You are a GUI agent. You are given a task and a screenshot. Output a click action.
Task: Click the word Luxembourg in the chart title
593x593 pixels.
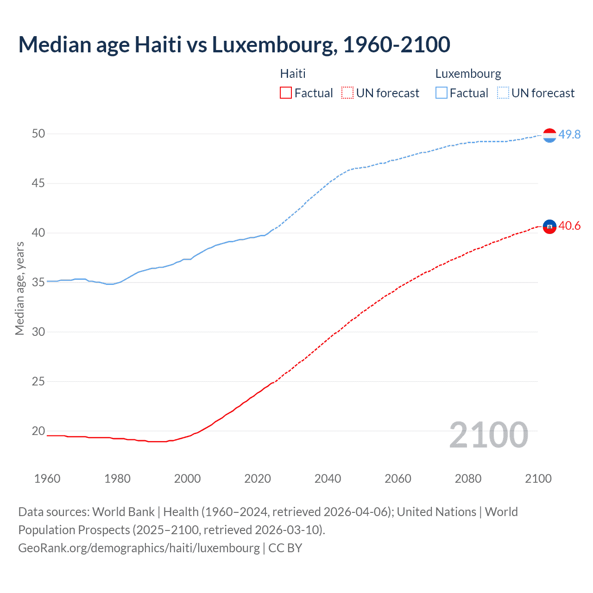pyautogui.click(x=271, y=45)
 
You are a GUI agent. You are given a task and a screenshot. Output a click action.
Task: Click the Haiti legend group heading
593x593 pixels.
pyautogui.click(x=293, y=74)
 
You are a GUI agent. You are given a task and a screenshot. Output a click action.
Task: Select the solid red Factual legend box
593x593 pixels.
pyautogui.click(x=286, y=93)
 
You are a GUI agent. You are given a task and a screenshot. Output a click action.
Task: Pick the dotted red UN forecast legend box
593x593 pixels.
pyautogui.click(x=347, y=93)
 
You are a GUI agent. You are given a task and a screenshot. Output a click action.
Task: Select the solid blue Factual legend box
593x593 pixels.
pyautogui.click(x=442, y=93)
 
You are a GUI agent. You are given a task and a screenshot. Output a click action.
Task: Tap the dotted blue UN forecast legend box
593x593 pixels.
pyautogui.click(x=503, y=93)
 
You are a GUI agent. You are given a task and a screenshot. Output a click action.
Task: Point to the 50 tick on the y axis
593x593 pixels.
pyautogui.click(x=38, y=134)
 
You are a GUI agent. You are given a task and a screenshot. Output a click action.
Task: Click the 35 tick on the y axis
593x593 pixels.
pyautogui.click(x=38, y=282)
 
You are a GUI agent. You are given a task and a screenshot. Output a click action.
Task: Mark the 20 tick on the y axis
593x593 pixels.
pyautogui.click(x=38, y=431)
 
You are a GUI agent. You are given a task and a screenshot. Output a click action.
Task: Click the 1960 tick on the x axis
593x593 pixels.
pyautogui.click(x=47, y=479)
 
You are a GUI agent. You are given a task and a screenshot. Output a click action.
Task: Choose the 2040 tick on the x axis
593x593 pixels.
pyautogui.click(x=328, y=479)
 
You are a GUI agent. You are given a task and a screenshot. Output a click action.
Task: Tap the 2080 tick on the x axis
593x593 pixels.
pyautogui.click(x=468, y=479)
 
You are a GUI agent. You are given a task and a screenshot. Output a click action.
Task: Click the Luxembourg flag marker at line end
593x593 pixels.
pyautogui.click(x=549, y=135)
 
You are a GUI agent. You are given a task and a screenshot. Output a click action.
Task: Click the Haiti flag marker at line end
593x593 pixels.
pyautogui.click(x=549, y=227)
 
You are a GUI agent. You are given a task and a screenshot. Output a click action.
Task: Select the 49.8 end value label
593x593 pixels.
pyautogui.click(x=569, y=134)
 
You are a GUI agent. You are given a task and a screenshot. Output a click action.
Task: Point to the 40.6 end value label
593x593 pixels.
pyautogui.click(x=569, y=226)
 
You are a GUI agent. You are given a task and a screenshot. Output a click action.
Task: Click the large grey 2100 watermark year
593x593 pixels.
pyautogui.click(x=489, y=435)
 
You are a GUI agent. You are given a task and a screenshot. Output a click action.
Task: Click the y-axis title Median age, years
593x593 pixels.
pyautogui.click(x=19, y=288)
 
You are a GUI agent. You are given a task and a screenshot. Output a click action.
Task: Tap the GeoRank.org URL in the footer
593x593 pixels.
pyautogui.click(x=139, y=548)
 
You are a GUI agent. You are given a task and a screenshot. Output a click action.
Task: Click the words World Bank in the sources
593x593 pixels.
pyautogui.click(x=123, y=512)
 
